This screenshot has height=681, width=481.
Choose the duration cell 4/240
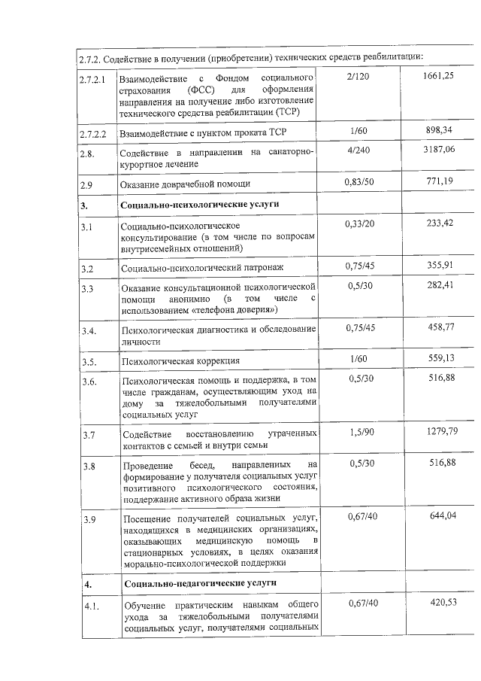point(363,150)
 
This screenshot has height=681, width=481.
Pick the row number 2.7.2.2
point(95,135)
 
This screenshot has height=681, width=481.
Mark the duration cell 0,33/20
point(363,223)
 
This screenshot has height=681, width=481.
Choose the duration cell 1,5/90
point(363,431)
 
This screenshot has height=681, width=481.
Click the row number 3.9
point(89,521)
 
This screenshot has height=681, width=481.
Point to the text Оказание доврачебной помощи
point(185,184)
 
